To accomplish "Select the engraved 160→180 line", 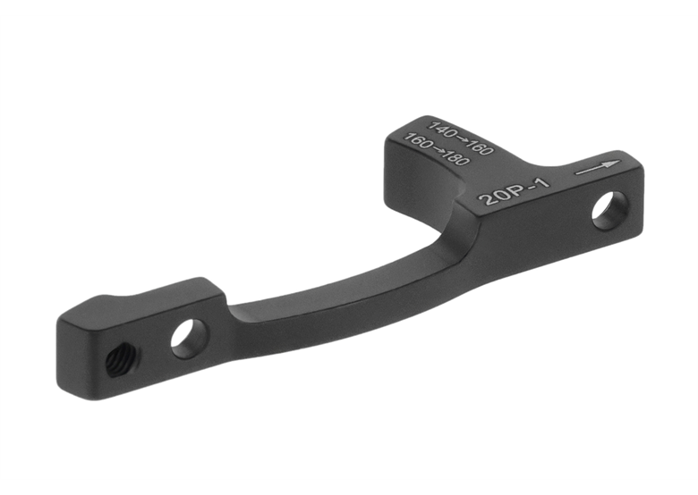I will pos(437,150).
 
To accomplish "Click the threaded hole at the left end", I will pos(116,361).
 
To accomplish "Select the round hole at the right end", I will pos(609,210).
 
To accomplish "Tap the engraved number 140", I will pos(441,129).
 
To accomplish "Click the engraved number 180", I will pos(455,159).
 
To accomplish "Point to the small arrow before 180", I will pos(437,150).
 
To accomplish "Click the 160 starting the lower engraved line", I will pos(417,141).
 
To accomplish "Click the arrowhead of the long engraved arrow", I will pos(613,164).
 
